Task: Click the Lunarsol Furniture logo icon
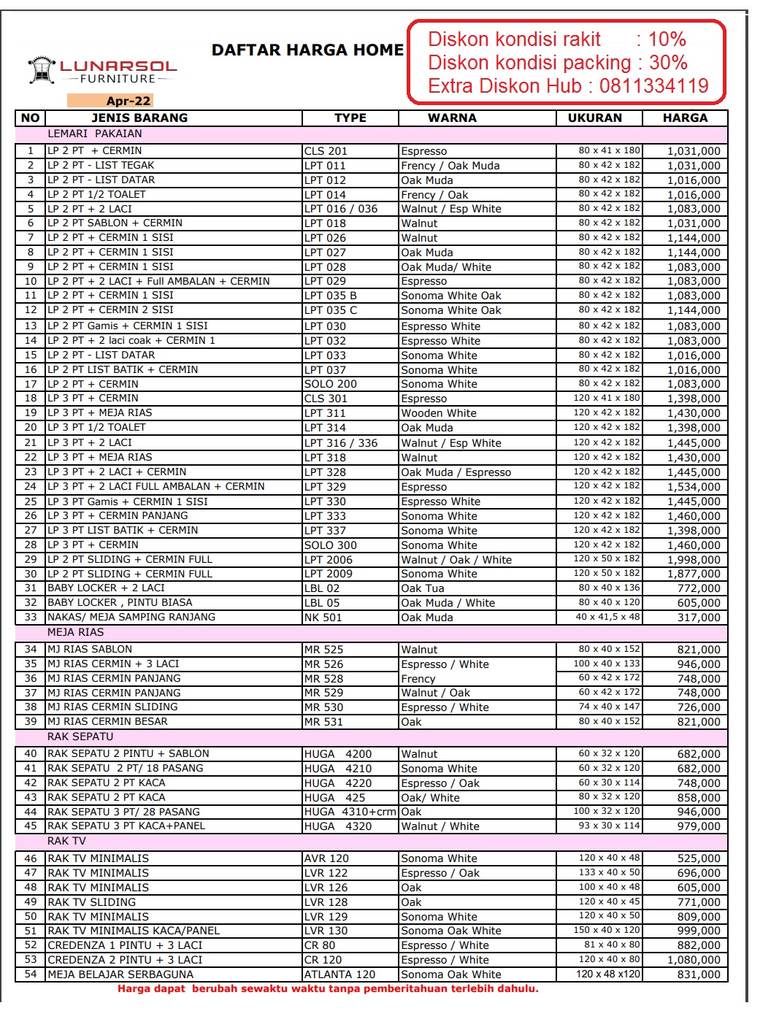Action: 42,70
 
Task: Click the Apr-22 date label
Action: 128,101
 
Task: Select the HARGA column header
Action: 685,118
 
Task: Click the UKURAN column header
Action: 595,118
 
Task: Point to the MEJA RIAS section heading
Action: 76,632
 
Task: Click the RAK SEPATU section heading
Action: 80,737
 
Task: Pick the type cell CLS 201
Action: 326,151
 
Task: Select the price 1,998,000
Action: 694,560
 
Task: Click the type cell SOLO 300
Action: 331,545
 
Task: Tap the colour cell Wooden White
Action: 439,413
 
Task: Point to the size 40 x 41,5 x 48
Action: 607,617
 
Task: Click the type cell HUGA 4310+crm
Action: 350,812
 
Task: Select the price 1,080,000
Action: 694,960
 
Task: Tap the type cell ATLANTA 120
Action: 340,974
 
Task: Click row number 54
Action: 31,974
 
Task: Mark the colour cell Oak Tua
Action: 423,588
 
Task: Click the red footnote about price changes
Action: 328,989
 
